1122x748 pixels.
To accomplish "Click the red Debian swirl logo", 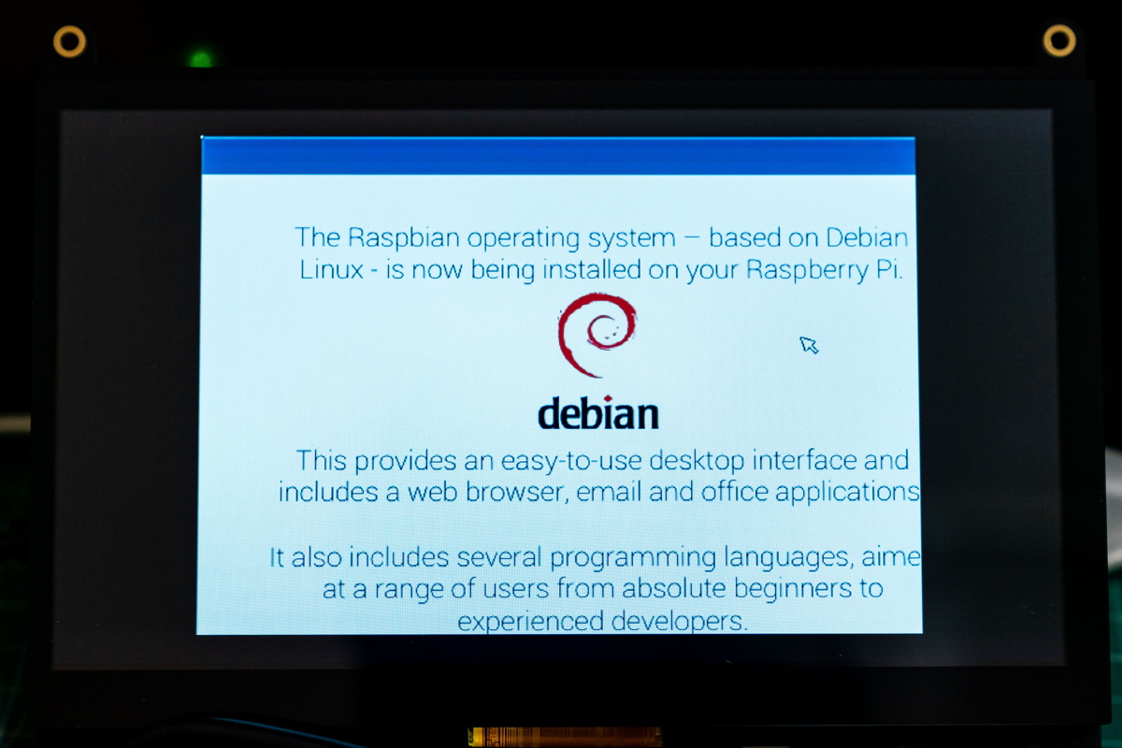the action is [x=597, y=335].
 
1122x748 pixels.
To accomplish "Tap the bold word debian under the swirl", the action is [x=598, y=413].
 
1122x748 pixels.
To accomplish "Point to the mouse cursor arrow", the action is [x=809, y=345].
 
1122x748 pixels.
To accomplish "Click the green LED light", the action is [x=201, y=59].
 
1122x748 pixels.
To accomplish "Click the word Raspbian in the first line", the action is [x=404, y=238].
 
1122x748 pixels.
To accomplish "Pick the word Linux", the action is [x=331, y=269].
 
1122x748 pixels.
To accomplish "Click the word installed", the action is [x=592, y=269].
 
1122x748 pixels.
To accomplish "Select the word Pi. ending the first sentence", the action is [x=889, y=269].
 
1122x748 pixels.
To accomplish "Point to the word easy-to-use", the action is [x=571, y=461].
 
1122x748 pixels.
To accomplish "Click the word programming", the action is [x=633, y=558].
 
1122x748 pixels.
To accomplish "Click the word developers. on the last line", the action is [x=680, y=621].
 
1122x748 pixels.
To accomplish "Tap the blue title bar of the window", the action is [x=558, y=156].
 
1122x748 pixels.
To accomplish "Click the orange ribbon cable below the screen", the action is [x=565, y=737].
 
